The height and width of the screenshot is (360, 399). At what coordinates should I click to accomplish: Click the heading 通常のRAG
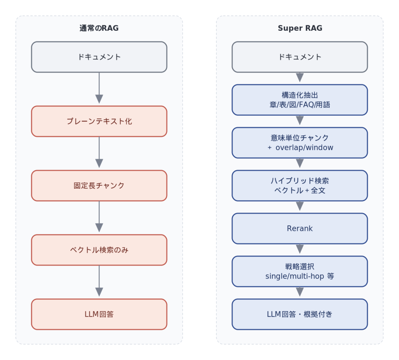tap(99, 28)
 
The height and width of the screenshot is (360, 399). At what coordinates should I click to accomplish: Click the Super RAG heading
tap(300, 28)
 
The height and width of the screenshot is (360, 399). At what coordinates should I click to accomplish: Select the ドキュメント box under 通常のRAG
tap(99, 57)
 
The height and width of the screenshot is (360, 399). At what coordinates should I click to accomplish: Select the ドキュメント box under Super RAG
tap(300, 57)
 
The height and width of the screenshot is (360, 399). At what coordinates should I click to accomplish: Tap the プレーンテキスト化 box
tap(99, 121)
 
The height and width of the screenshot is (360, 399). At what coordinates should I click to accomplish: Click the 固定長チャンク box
tap(99, 186)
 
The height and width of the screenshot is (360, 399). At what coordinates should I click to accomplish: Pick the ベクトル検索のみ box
tap(99, 250)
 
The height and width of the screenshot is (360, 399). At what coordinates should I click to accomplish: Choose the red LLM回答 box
tap(99, 314)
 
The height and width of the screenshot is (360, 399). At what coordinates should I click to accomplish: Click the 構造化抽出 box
tap(300, 100)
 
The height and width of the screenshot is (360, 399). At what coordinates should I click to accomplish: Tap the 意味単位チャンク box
tap(300, 143)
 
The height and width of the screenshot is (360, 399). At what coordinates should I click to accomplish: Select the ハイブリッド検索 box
tap(300, 186)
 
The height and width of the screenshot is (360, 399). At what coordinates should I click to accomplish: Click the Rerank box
tap(300, 229)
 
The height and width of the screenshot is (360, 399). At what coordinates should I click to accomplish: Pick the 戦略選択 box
tap(300, 271)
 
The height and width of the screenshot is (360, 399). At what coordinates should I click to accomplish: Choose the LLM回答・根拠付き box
tap(300, 314)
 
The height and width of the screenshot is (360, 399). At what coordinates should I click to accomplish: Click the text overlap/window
tap(304, 148)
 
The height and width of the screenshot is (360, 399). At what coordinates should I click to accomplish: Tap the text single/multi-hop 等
tap(300, 277)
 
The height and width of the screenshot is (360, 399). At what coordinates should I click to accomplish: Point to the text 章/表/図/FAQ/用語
tap(300, 105)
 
